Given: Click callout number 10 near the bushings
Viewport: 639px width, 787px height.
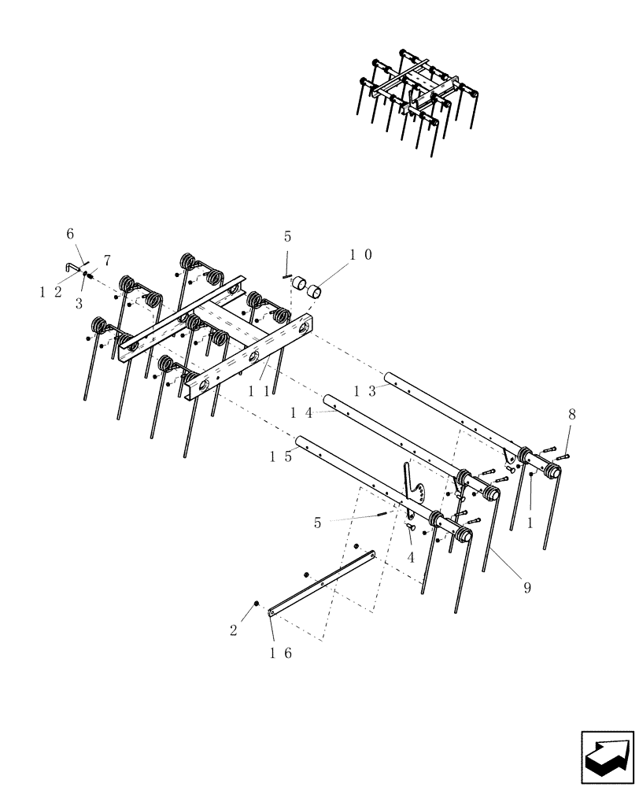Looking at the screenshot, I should (361, 255).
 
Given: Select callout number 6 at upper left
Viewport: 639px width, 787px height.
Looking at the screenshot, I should (69, 234).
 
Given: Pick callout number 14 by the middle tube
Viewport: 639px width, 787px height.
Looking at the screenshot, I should (301, 412).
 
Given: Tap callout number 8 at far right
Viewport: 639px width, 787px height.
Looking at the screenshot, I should (571, 413).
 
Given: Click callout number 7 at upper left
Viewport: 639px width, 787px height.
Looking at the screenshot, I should (107, 260).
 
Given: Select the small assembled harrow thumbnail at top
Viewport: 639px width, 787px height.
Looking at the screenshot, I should (417, 98).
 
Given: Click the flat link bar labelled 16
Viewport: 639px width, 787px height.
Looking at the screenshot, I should (323, 582).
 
